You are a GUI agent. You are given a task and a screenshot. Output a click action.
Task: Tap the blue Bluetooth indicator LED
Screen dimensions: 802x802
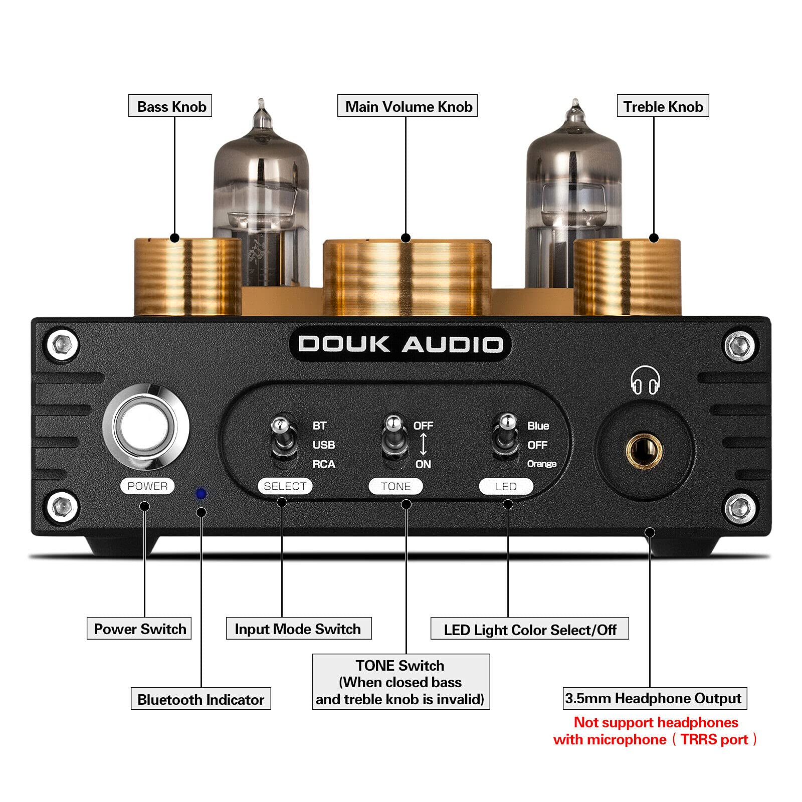point(201,494)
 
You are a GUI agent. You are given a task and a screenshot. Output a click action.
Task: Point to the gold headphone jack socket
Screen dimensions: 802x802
point(644,449)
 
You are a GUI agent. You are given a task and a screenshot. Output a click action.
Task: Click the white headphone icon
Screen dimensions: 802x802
point(645,381)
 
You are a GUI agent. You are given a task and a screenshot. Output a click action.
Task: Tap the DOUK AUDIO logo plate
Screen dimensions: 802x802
point(400,344)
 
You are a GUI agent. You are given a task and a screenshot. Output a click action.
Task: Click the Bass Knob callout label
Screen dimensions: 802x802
point(170,106)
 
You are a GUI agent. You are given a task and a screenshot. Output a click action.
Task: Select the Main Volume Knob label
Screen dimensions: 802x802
point(408,106)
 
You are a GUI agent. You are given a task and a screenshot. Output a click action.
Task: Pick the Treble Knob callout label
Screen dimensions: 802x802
point(663,106)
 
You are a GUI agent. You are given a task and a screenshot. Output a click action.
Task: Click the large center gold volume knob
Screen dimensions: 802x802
point(407,278)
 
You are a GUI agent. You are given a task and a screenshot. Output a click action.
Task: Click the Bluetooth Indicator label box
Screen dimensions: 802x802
point(200,699)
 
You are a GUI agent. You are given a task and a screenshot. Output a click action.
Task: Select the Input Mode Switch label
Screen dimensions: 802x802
point(298,629)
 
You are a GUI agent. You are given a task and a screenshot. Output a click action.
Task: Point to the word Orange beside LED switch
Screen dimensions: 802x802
point(541,464)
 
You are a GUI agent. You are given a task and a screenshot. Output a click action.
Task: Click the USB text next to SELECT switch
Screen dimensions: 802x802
point(323,445)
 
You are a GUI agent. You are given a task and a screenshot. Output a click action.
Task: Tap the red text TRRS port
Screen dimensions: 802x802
point(714,740)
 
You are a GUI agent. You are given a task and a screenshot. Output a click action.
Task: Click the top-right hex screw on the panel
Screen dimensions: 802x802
point(739,345)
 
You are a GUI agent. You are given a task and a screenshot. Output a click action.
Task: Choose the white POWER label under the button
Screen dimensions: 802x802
point(147,486)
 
